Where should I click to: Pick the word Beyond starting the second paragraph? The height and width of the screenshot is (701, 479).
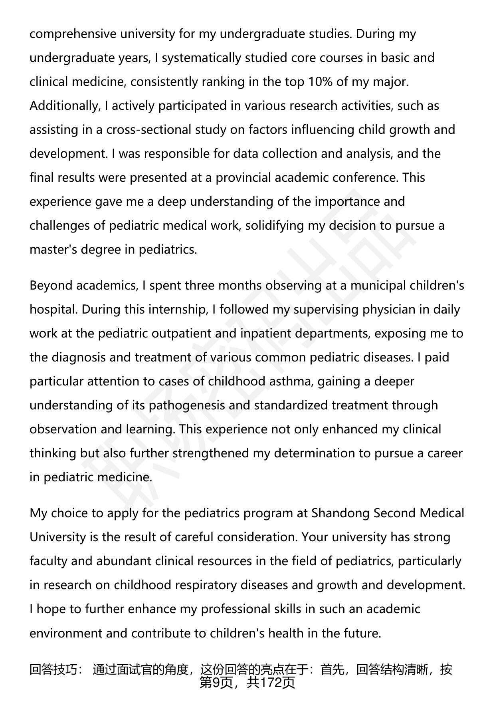pyautogui.click(x=51, y=286)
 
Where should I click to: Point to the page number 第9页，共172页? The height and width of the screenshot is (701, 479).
pyautogui.click(x=247, y=682)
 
